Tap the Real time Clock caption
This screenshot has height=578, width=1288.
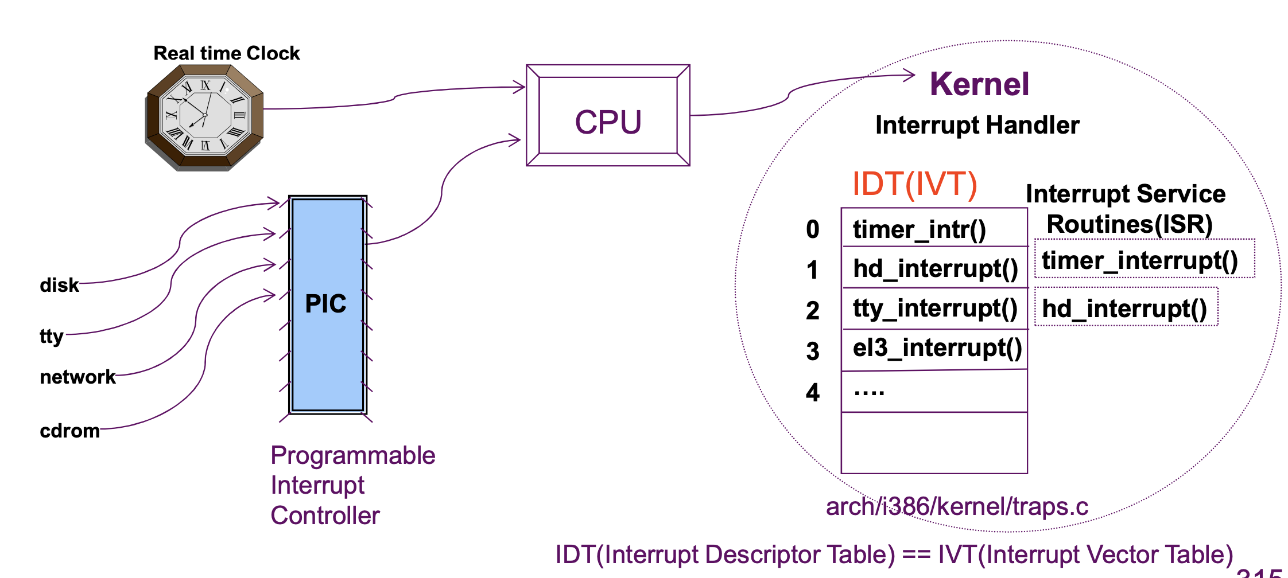point(226,53)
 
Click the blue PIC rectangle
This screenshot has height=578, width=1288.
point(327,304)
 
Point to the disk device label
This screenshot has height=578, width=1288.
point(59,285)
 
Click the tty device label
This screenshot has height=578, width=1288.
point(51,335)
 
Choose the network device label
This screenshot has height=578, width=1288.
point(77,377)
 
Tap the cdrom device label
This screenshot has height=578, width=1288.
point(69,431)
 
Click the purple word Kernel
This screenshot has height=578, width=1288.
point(979,84)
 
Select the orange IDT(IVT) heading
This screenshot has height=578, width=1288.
point(914,185)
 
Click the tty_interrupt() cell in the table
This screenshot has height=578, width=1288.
point(934,308)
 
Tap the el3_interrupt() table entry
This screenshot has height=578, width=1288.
point(937,348)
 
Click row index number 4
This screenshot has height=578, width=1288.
point(812,393)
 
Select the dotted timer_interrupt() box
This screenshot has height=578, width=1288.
point(1144,260)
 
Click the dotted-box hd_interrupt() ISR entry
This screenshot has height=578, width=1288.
point(1125,308)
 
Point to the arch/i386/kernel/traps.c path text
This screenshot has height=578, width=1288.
point(957,506)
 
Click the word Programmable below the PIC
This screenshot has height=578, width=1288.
point(352,455)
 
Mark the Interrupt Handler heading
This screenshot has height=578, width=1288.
point(977,125)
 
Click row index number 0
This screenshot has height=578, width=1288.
point(812,229)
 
